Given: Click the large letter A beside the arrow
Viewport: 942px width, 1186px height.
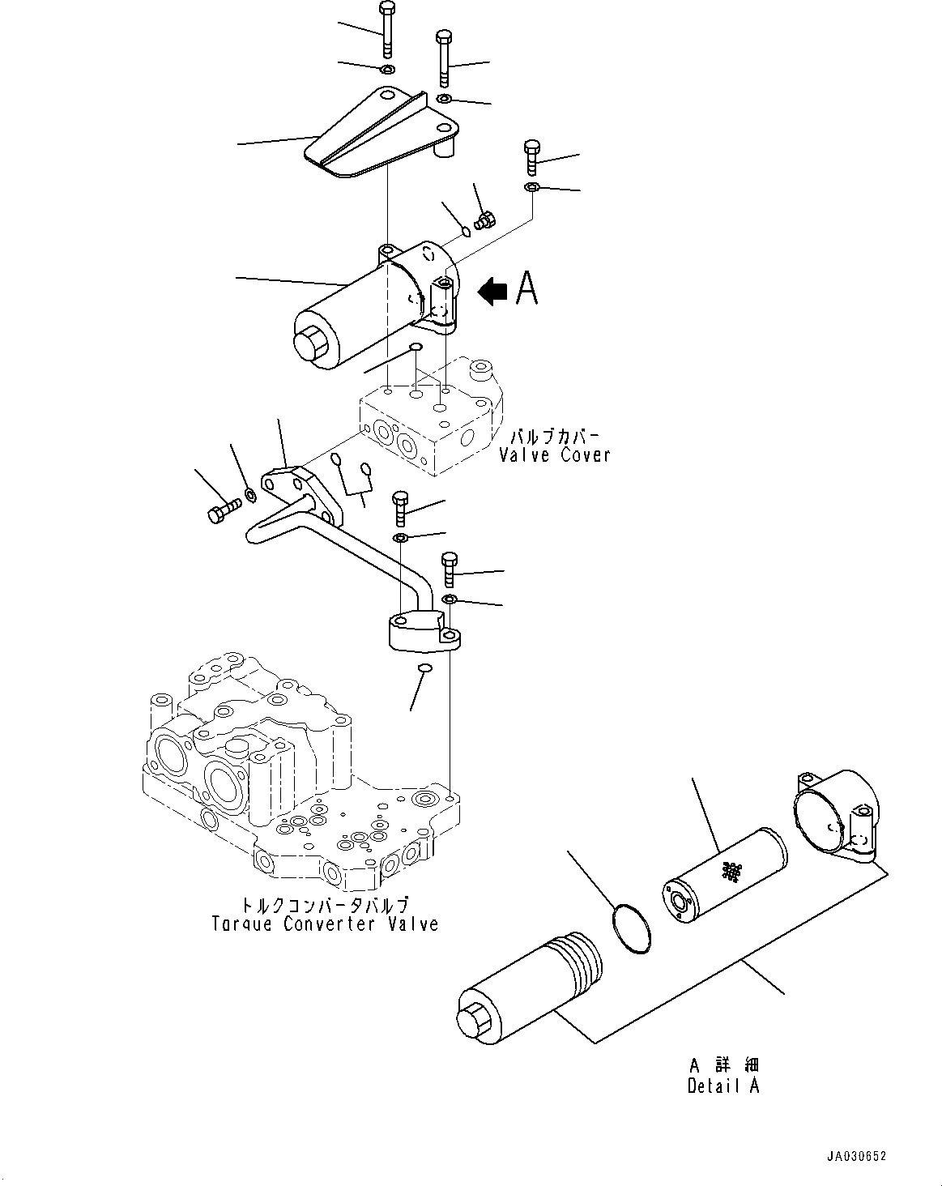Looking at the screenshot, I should click(x=526, y=288).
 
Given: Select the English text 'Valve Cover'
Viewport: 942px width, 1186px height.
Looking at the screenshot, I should click(x=555, y=455).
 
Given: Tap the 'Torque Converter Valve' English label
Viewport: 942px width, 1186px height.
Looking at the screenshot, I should click(x=325, y=924).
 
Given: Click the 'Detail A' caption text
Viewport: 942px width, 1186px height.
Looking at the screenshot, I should click(x=723, y=1086).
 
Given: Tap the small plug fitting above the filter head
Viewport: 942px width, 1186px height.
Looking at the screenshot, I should click(x=486, y=220).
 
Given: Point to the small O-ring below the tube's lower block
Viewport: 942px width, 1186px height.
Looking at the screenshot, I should click(x=424, y=668).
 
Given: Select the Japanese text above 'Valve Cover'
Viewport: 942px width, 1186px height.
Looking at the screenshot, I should click(x=554, y=437).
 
